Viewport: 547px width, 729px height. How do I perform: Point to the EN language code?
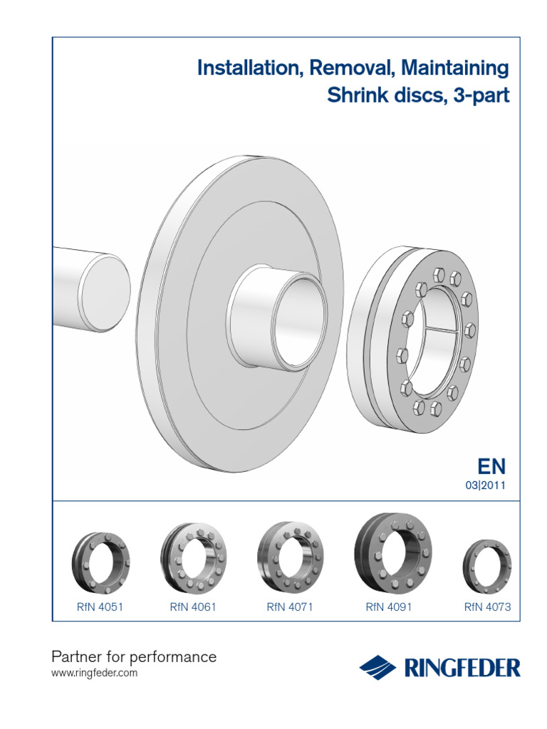(x=491, y=467)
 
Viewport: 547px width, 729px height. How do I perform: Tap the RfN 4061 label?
(x=192, y=607)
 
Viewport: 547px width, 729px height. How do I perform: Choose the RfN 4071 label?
(x=290, y=607)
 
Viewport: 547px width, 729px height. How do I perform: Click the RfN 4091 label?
(x=389, y=607)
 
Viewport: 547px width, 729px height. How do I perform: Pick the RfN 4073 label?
(x=487, y=607)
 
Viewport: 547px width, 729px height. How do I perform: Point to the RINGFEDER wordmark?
(x=463, y=668)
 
